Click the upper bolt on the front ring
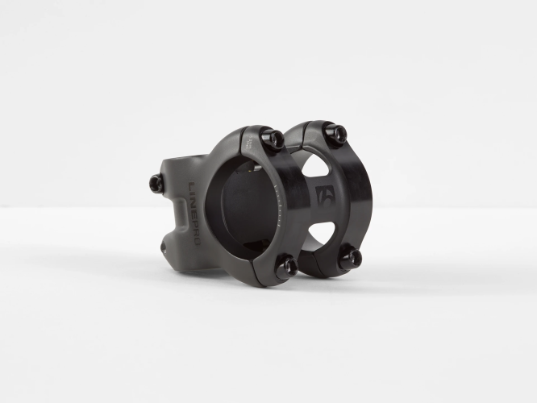(x=274, y=140)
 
